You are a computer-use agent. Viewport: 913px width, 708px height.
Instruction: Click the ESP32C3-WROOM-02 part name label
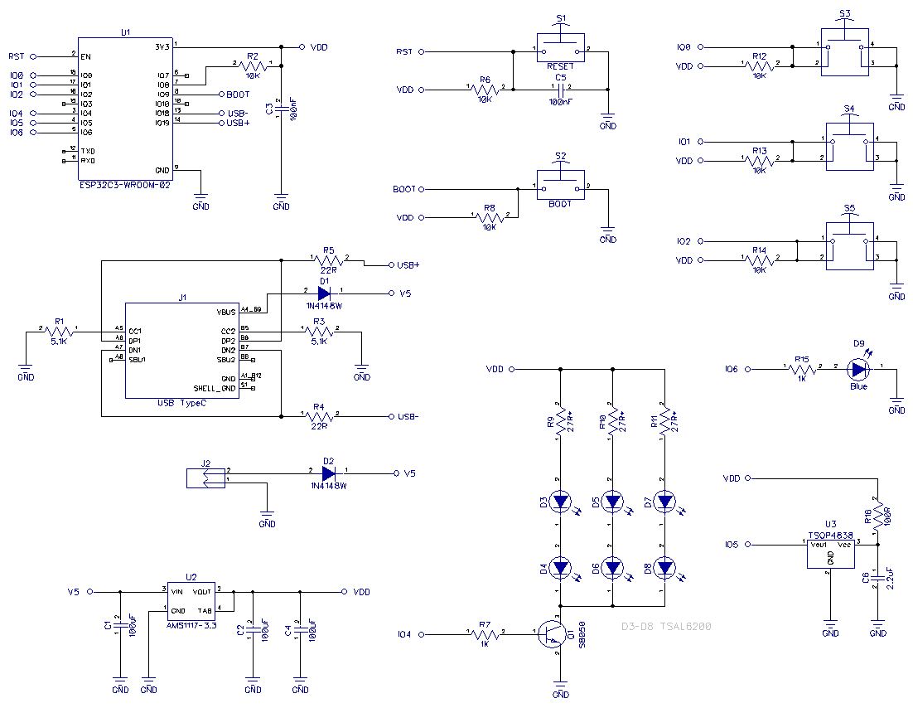tap(124, 186)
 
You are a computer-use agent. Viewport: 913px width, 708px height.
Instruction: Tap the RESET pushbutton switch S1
tap(561, 50)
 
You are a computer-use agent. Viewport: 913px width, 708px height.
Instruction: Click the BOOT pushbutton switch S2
tap(561, 188)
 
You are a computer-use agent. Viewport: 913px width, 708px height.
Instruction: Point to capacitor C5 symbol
tap(561, 87)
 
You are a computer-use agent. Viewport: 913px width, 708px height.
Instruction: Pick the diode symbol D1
tap(324, 293)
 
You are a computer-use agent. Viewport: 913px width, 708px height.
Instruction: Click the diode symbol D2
tap(328, 473)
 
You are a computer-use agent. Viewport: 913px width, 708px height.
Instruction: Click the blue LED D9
tap(858, 369)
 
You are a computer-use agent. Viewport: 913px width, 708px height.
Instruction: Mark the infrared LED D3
tap(561, 501)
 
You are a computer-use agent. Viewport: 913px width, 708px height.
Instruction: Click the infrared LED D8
tap(664, 568)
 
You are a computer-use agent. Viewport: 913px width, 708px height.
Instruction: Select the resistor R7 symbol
tap(485, 634)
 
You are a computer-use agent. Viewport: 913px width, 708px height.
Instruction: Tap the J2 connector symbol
tap(205, 478)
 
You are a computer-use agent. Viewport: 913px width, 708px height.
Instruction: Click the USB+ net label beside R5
tap(408, 265)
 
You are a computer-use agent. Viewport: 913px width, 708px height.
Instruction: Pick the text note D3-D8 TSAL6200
tap(665, 627)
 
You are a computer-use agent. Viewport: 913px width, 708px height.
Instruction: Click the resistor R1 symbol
tap(59, 331)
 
